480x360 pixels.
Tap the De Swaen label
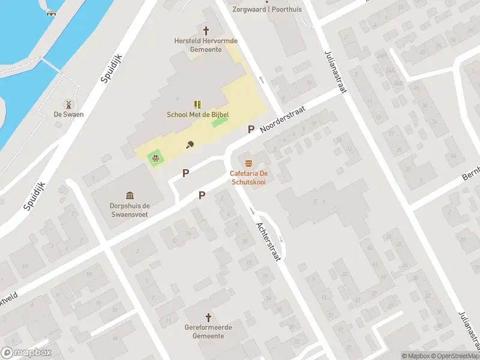click(68, 115)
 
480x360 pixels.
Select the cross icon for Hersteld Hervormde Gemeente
click(206, 30)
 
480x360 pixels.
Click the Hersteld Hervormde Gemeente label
click(206, 45)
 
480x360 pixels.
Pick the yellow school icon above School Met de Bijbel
click(197, 104)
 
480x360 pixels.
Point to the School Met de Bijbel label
click(197, 115)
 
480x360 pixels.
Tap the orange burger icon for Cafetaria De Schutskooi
click(248, 163)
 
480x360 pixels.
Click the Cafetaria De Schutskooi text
click(248, 178)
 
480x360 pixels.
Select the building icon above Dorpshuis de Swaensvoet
click(130, 195)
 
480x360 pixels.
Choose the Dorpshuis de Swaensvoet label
click(130, 209)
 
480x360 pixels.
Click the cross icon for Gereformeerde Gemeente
click(209, 317)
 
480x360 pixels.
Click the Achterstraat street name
click(268, 241)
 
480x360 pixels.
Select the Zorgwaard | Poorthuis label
click(267, 9)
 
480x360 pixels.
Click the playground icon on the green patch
click(155, 158)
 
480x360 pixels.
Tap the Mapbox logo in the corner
click(26, 353)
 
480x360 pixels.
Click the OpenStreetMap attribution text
click(453, 356)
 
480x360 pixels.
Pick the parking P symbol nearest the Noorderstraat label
click(251, 129)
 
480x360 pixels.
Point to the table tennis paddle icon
click(190, 144)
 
